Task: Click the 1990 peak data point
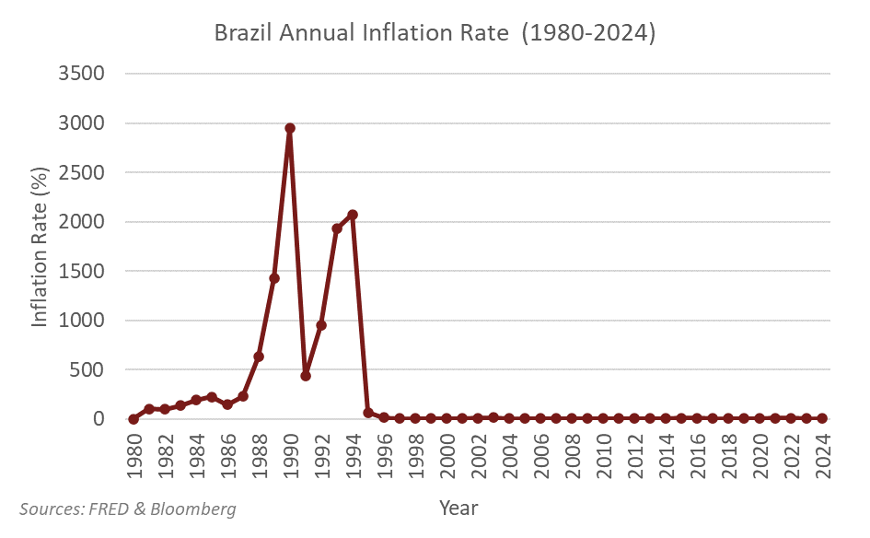pos(290,129)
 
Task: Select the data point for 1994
pos(353,215)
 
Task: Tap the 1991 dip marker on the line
pos(306,376)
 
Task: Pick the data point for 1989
pos(274,278)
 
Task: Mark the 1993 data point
pos(337,228)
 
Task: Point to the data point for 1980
pos(133,419)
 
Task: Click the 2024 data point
pos(822,418)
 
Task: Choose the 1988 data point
pos(259,357)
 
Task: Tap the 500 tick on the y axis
pos(93,370)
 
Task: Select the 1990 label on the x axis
pos(291,451)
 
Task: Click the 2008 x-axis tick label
pos(573,451)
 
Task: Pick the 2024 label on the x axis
pos(823,451)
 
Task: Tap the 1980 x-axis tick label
pos(134,451)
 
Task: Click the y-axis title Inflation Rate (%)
pos(41,247)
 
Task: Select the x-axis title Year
pos(458,508)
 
